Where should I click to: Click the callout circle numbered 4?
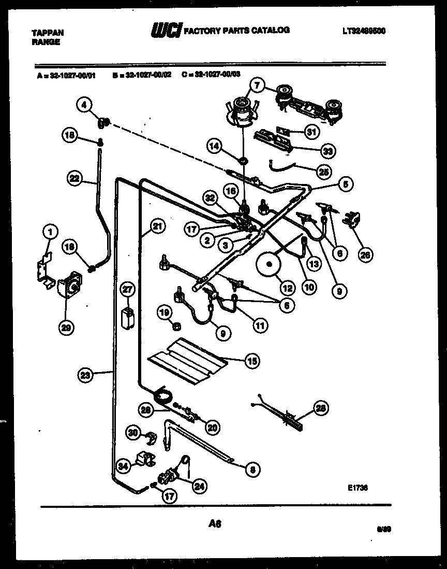[x=84, y=105]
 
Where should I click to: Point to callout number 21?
[x=158, y=225]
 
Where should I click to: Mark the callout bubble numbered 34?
[x=123, y=466]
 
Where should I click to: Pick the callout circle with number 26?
[x=366, y=254]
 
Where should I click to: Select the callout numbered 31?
[x=310, y=132]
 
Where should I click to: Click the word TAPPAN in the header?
[x=48, y=32]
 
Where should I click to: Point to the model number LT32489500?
[x=364, y=31]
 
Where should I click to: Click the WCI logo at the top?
[x=165, y=31]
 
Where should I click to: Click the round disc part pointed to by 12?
[x=267, y=264]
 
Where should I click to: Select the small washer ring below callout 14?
[x=243, y=160]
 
